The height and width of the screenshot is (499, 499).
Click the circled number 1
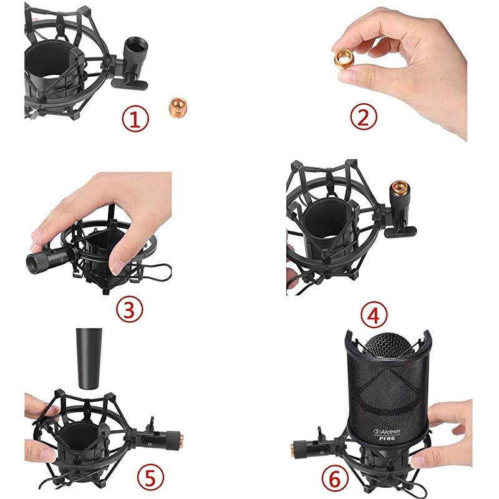[135, 119]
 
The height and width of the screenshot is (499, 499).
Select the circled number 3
[129, 309]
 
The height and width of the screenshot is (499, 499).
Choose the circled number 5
[150, 478]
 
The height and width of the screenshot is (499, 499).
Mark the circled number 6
[335, 478]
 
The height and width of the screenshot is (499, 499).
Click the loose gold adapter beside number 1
[177, 107]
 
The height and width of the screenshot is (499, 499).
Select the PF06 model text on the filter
[387, 438]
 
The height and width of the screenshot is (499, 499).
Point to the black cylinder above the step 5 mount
[89, 359]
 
